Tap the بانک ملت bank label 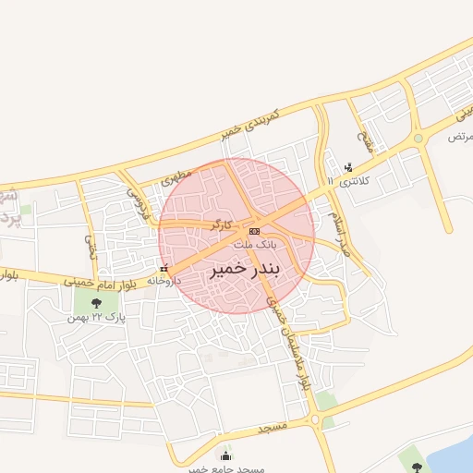[255, 245]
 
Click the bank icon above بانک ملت [255, 231]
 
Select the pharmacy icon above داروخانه [164, 269]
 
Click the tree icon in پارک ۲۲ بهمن [96, 302]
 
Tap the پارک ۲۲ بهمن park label [95, 317]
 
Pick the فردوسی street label [136, 197]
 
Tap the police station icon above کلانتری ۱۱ [348, 167]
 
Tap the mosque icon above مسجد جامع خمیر [226, 455]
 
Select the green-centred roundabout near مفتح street [418, 139]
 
